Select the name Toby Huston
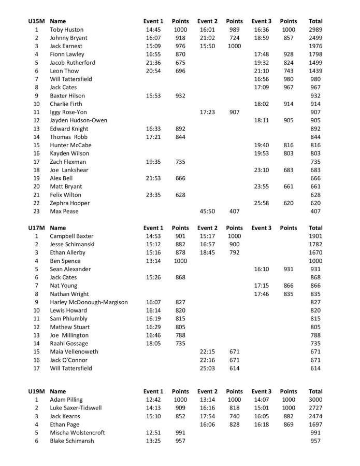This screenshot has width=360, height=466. pyautogui.click(x=66, y=30)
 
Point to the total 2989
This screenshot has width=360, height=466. pyautogui.click(x=315, y=30)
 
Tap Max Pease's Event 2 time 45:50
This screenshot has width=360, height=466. pyautogui.click(x=207, y=211)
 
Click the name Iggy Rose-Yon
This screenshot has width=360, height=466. pyautogui.click(x=68, y=112)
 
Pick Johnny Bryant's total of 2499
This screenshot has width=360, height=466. pyautogui.click(x=315, y=38)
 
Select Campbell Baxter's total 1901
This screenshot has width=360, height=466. pyautogui.click(x=315, y=236)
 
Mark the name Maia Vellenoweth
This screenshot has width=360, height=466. pyautogui.click(x=74, y=351)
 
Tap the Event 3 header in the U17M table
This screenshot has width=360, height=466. pyautogui.click(x=261, y=228)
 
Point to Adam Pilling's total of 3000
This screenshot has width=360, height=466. pyautogui.click(x=315, y=400)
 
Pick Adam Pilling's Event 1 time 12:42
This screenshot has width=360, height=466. pyautogui.click(x=154, y=400)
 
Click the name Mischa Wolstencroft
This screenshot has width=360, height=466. pyautogui.click(x=77, y=432)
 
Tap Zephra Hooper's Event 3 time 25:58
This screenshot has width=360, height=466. pyautogui.click(x=261, y=203)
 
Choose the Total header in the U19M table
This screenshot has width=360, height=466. pyautogui.click(x=315, y=391)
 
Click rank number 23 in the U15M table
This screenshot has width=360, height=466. pyautogui.click(x=36, y=211)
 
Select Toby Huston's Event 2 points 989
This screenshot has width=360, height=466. pyautogui.click(x=234, y=30)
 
